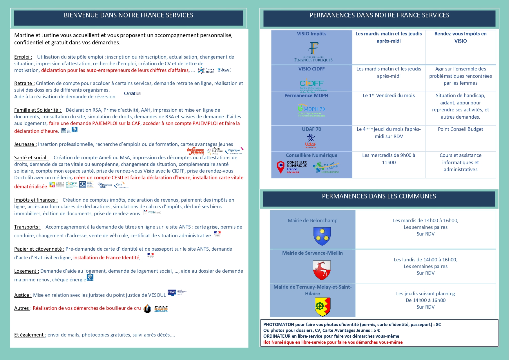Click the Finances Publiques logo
pyautogui.click(x=313, y=52)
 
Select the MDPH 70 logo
pyautogui.click(x=311, y=110)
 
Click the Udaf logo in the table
pyautogui.click(x=310, y=141)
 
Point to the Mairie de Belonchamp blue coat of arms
pyautogui.click(x=322, y=236)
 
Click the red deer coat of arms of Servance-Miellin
pyautogui.click(x=322, y=270)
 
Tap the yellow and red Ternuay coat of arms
pyautogui.click(x=323, y=306)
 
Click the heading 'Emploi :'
pyautogui.click(x=23, y=57)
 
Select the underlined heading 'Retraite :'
pyautogui.click(x=24, y=83)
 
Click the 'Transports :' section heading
pyautogui.click(x=27, y=227)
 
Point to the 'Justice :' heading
pyautogui.click(x=23, y=295)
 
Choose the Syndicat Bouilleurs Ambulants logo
pyautogui.click(x=161, y=309)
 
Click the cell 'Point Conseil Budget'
pyautogui.click(x=460, y=129)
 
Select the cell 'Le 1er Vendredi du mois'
pyautogui.click(x=389, y=95)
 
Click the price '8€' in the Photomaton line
pyautogui.click(x=438, y=325)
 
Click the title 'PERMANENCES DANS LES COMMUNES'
pyautogui.click(x=379, y=196)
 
